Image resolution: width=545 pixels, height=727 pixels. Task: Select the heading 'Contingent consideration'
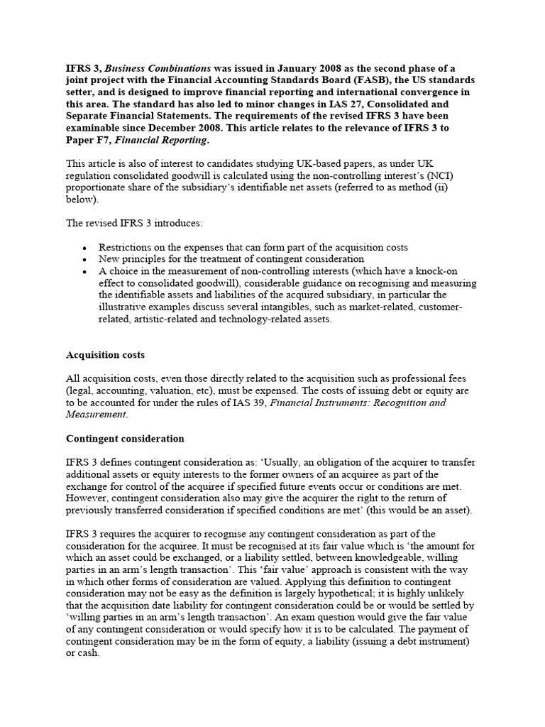click(x=125, y=439)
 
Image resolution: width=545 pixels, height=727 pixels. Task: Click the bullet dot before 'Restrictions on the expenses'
click(x=84, y=248)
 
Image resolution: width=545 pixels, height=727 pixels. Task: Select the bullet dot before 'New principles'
click(x=84, y=260)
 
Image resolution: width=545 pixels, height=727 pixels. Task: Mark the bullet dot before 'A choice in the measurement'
click(x=84, y=272)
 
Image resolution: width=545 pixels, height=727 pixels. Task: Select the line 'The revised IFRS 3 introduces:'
click(x=134, y=223)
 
